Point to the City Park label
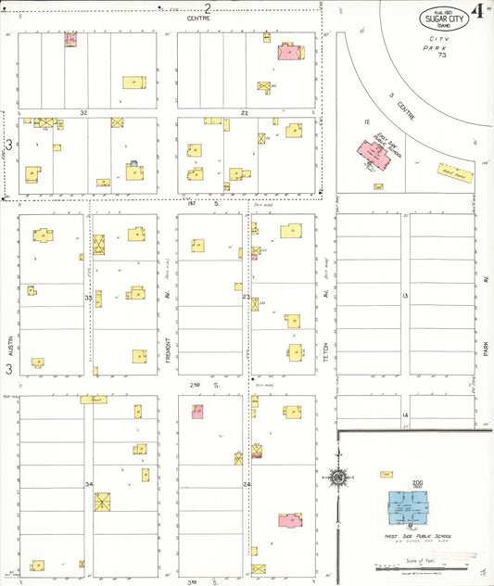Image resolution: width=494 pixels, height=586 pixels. (436, 42)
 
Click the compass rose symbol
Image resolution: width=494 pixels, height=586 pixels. (339, 478)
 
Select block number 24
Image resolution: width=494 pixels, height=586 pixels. (247, 485)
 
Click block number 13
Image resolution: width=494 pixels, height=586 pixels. (405, 295)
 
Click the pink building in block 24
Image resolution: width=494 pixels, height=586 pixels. (289, 520)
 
